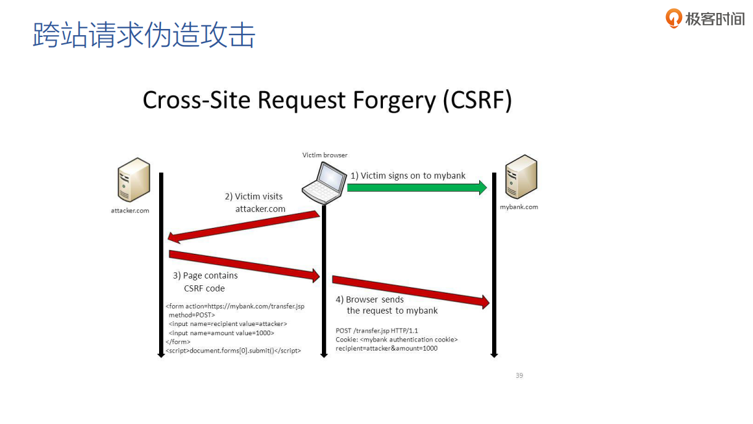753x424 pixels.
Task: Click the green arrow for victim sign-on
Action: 416,187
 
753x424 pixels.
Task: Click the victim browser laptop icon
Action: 324,183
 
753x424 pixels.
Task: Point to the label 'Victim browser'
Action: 324,155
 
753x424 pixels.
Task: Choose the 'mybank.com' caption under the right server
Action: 519,207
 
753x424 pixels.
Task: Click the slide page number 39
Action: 519,375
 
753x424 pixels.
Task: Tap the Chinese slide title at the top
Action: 144,35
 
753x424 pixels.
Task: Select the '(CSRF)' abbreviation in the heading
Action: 477,100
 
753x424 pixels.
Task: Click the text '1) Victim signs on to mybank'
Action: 408,176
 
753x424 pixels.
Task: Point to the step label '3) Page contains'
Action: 205,275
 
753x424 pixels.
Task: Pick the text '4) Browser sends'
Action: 369,300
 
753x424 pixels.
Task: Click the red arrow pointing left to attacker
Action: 243,225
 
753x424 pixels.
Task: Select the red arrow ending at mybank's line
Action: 410,290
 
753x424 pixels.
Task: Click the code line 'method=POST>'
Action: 191,315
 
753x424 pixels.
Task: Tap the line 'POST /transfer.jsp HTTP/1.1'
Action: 376,331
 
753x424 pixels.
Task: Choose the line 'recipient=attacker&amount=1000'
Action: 386,348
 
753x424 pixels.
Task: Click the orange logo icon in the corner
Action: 674,18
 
